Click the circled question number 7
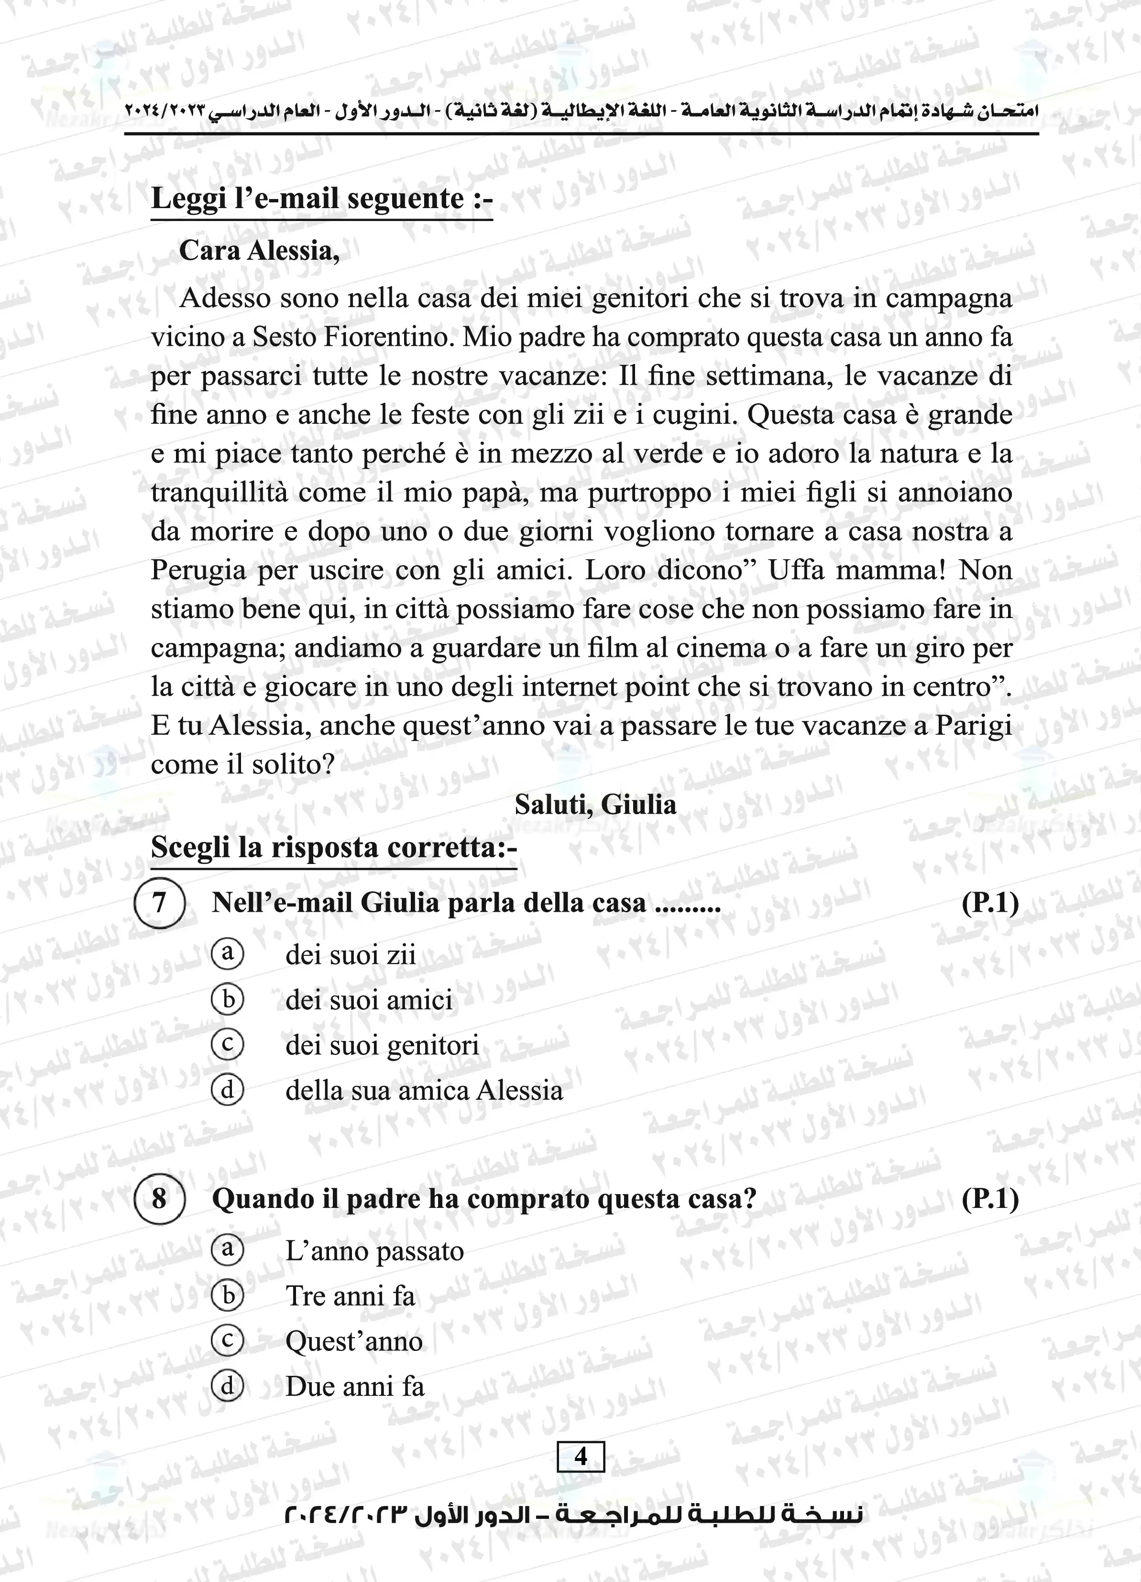click(159, 903)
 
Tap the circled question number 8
click(159, 1198)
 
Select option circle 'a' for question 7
click(227, 953)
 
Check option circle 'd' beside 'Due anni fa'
click(227, 1385)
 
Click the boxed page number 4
click(580, 1457)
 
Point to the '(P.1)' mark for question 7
click(990, 903)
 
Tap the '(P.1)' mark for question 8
click(990, 1198)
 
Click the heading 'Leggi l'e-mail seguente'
click(321, 199)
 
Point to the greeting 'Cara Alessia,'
click(260, 250)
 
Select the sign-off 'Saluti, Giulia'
click(595, 804)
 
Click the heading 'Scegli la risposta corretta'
click(333, 848)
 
